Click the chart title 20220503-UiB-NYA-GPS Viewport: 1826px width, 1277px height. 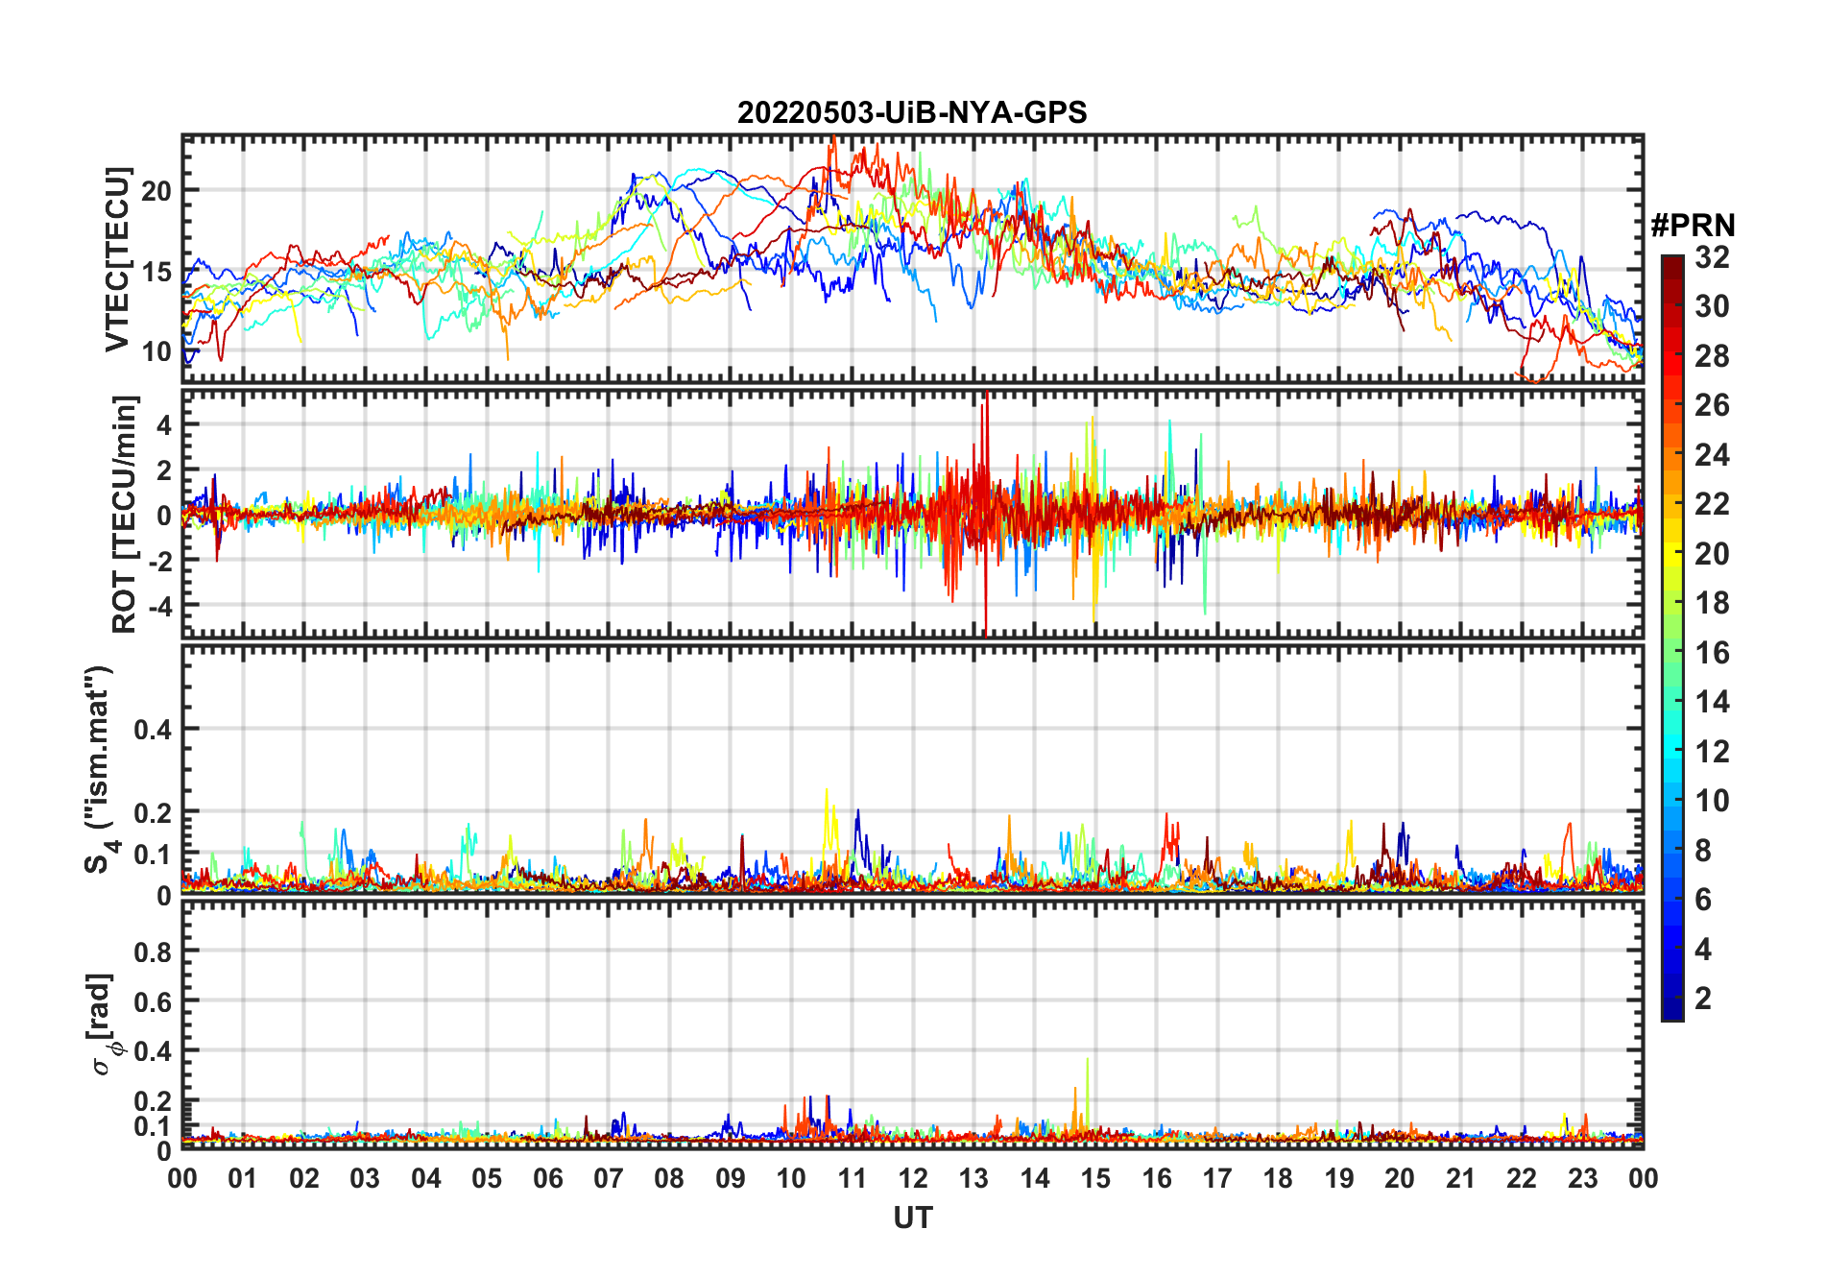click(x=912, y=113)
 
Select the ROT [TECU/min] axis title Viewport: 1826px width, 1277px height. click(x=125, y=514)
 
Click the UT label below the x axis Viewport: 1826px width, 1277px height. click(x=912, y=1217)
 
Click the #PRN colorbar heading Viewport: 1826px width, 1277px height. click(x=1693, y=226)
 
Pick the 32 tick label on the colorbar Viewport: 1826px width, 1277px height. click(x=1712, y=257)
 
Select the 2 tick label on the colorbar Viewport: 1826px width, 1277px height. click(x=1703, y=999)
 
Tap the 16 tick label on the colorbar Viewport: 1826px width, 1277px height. click(x=1712, y=653)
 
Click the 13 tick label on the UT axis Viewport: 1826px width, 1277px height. click(x=973, y=1178)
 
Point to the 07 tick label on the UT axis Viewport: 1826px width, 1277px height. click(x=609, y=1178)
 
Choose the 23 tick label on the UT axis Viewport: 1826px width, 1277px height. click(x=1582, y=1178)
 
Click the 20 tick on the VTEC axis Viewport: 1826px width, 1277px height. click(x=156, y=190)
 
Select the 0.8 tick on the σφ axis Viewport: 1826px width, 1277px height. click(x=154, y=952)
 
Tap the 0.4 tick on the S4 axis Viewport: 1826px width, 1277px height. click(x=154, y=729)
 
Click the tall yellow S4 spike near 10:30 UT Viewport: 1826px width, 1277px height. click(x=827, y=791)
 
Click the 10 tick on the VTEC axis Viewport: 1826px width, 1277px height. click(x=156, y=351)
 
